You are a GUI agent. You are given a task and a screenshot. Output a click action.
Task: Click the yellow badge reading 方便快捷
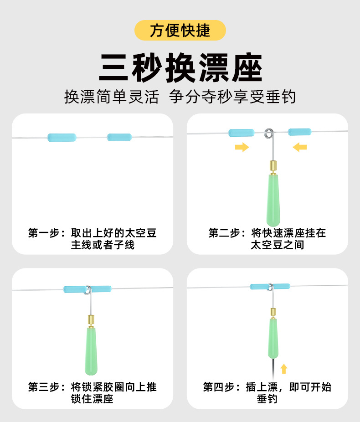tap(180, 30)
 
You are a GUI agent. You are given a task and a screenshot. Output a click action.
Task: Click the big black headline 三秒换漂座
tap(180, 68)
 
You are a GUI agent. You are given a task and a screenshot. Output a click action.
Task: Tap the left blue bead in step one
tap(62, 137)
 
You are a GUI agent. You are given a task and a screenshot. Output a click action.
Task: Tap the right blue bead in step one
tap(119, 137)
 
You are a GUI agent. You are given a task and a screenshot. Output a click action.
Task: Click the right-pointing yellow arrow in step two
tap(242, 147)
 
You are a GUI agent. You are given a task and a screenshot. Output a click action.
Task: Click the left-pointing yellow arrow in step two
tap(300, 147)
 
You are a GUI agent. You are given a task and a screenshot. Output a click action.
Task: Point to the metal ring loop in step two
tap(268, 133)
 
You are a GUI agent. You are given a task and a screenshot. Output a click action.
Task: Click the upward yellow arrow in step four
tap(284, 368)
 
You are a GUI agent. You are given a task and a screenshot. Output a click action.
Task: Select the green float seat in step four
tap(273, 337)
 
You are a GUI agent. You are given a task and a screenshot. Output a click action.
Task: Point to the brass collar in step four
tap(273, 313)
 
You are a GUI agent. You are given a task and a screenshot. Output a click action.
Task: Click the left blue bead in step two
tap(241, 133)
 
